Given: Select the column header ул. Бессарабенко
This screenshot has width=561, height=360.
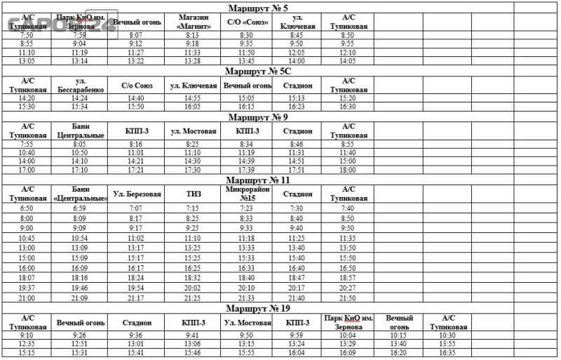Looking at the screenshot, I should point(79,86).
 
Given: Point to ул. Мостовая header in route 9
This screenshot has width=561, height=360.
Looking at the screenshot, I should point(192,131).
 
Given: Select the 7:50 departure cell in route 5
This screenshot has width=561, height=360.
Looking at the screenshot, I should point(27,34).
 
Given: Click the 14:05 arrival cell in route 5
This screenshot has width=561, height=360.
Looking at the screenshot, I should point(348,61).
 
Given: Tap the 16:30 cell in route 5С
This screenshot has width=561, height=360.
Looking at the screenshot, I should point(348,107).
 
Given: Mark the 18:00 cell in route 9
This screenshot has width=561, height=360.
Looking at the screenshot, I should point(348,169).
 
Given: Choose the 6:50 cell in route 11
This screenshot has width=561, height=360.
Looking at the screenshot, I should point(27,208).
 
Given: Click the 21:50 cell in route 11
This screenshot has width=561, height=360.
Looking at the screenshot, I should point(348,298).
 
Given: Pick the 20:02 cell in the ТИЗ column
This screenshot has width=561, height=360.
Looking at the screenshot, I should point(192,288).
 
